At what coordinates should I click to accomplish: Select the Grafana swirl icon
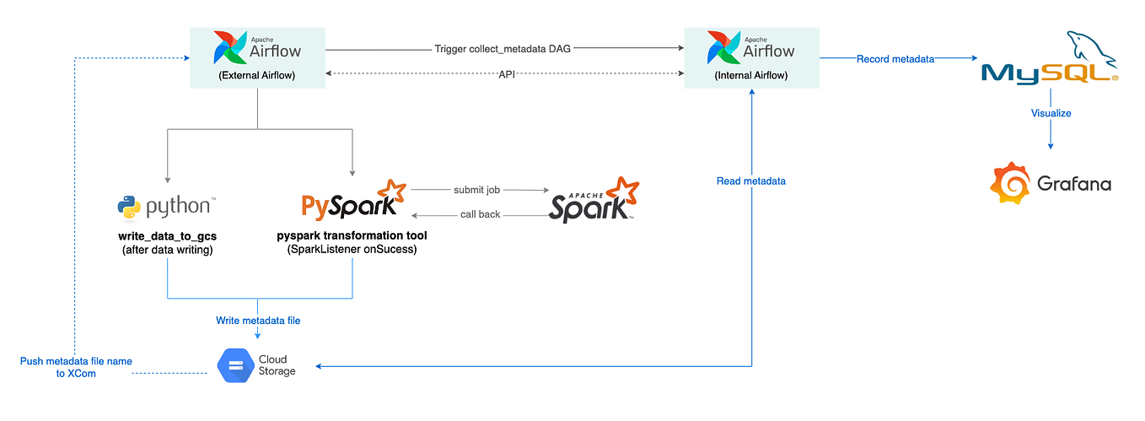click(1011, 182)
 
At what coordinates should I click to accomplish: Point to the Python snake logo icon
click(129, 206)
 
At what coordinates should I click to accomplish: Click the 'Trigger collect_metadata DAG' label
click(503, 49)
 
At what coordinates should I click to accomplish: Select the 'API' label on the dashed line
click(505, 74)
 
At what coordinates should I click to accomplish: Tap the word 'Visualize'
click(1051, 112)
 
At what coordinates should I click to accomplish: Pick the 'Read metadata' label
click(751, 181)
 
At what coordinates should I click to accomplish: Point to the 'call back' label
click(480, 214)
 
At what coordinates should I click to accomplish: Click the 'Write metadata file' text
click(258, 321)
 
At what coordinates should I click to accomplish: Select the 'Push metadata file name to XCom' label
click(76, 367)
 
